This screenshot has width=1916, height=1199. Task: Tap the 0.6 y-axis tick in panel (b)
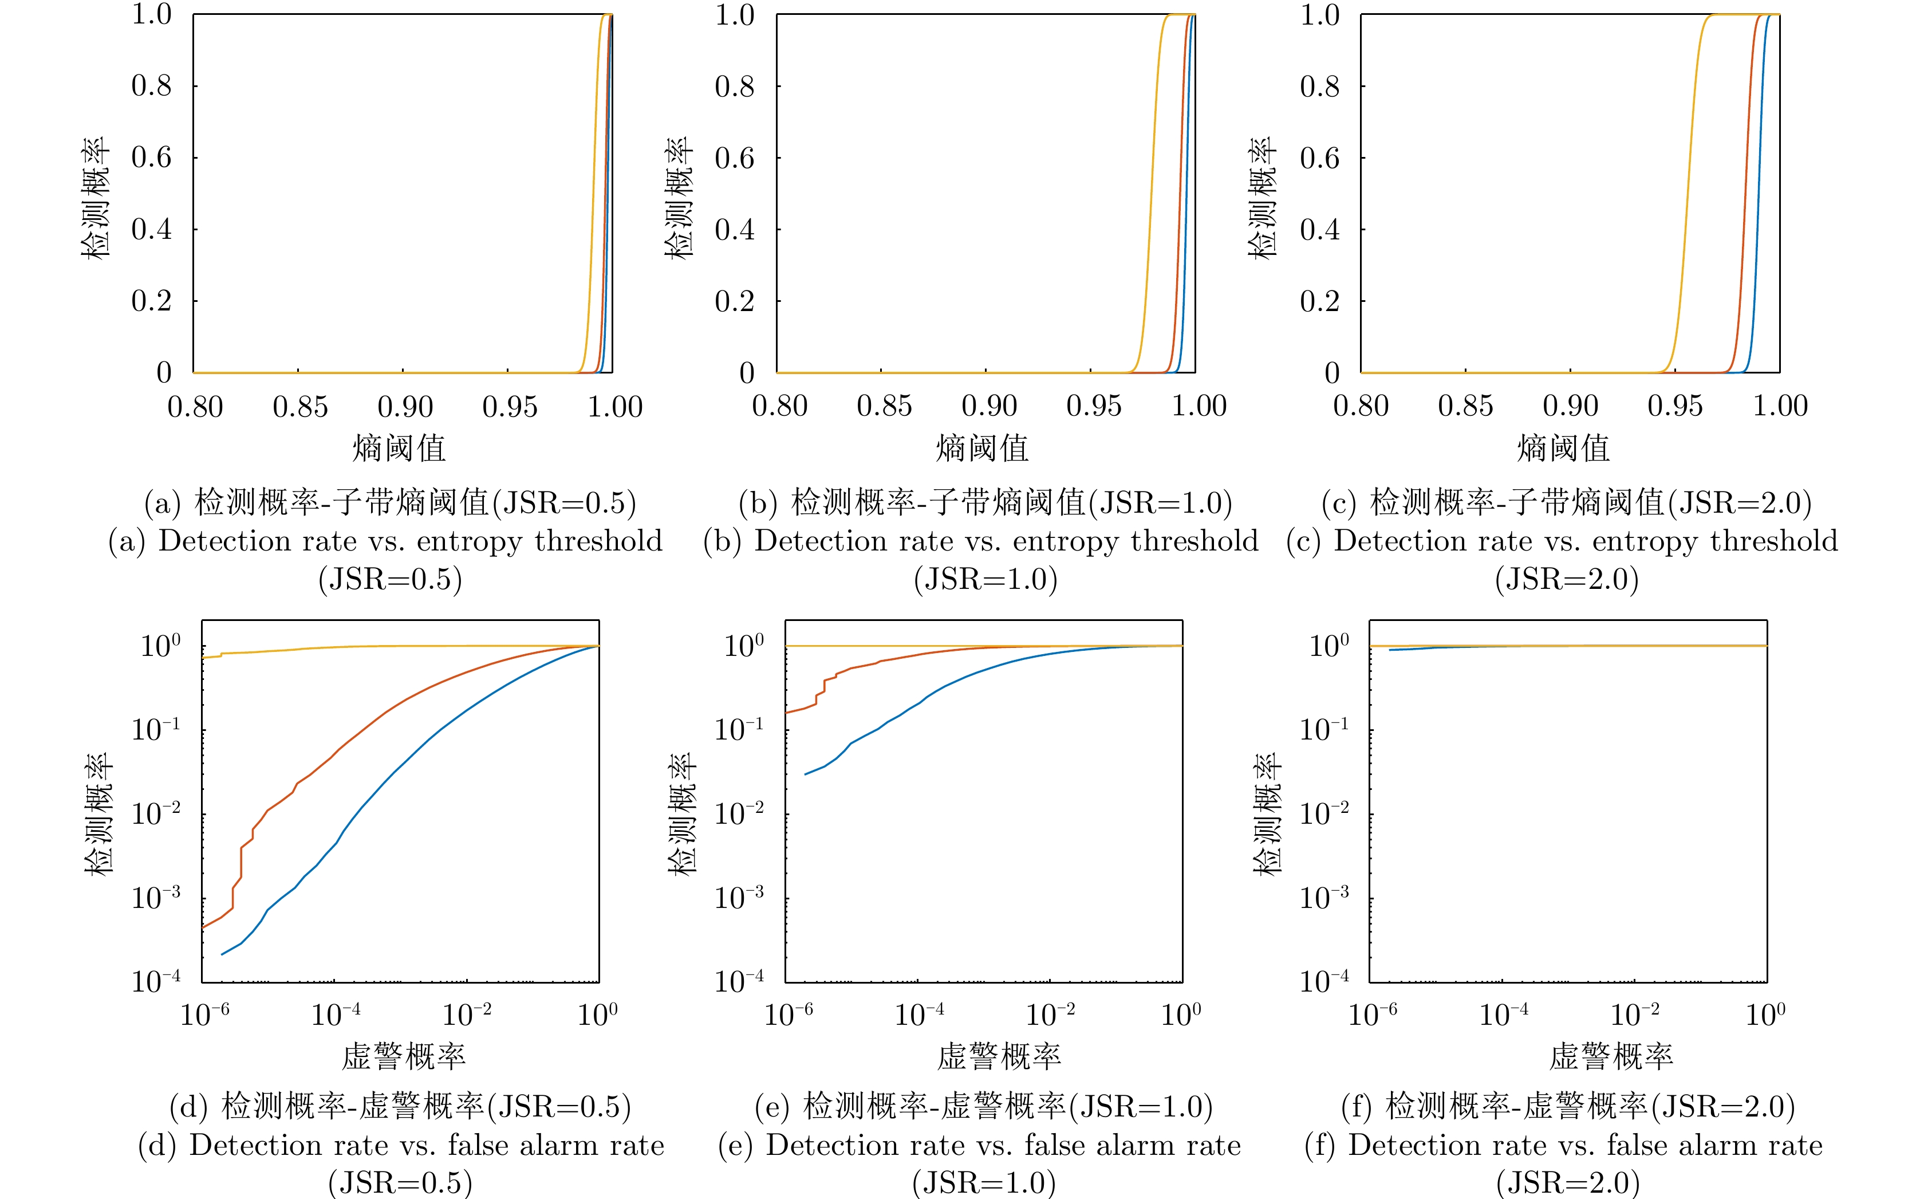click(x=735, y=158)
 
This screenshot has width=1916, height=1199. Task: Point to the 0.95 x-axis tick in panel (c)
click(x=1674, y=407)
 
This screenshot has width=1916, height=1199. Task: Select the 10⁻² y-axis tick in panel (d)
click(x=156, y=813)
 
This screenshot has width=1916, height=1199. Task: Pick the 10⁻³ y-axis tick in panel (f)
click(x=1324, y=898)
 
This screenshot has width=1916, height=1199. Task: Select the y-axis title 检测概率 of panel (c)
click(x=1262, y=198)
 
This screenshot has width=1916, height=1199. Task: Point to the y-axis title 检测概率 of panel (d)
click(x=99, y=813)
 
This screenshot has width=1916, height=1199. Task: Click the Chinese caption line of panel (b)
click(x=985, y=503)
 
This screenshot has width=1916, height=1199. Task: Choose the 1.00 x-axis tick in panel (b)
click(x=1199, y=407)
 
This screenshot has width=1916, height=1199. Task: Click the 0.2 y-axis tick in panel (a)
click(x=151, y=301)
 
